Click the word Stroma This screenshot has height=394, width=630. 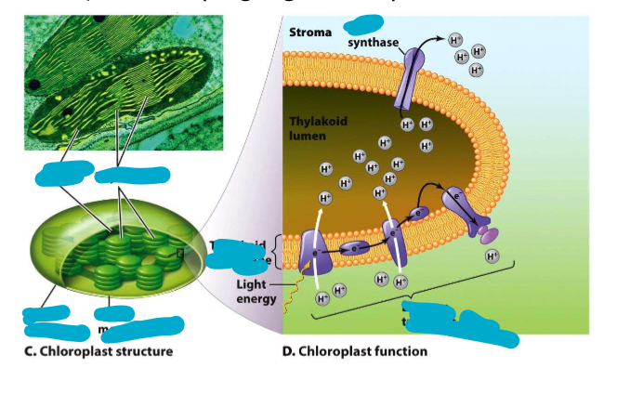pos(310,33)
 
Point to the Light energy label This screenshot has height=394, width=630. pos(254,291)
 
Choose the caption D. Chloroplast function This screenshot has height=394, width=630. pos(355,351)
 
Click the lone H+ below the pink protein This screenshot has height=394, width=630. pos(492,256)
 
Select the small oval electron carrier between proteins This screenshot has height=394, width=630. pos(355,248)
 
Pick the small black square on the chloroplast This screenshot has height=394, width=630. pos(181,249)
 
